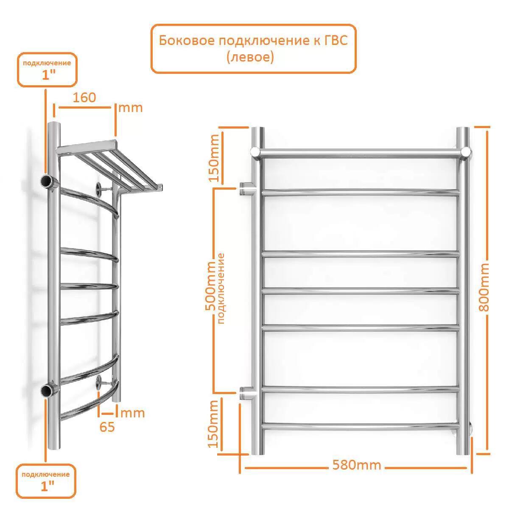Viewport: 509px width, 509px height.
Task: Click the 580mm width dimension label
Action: click(x=356, y=465)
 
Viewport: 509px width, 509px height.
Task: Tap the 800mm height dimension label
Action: click(x=484, y=288)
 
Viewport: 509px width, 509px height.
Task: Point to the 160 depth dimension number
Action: click(x=84, y=98)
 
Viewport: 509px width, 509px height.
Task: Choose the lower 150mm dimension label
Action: click(x=214, y=424)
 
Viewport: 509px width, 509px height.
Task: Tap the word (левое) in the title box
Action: click(x=250, y=57)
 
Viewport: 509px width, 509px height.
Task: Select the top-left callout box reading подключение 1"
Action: click(x=47, y=70)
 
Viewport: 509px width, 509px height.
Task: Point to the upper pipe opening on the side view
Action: click(x=47, y=182)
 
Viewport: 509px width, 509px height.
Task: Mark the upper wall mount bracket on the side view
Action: click(x=105, y=189)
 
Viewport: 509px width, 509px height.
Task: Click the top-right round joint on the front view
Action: click(x=466, y=152)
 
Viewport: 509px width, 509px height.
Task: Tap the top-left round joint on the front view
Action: click(x=255, y=152)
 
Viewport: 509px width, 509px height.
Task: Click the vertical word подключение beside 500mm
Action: click(x=221, y=288)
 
